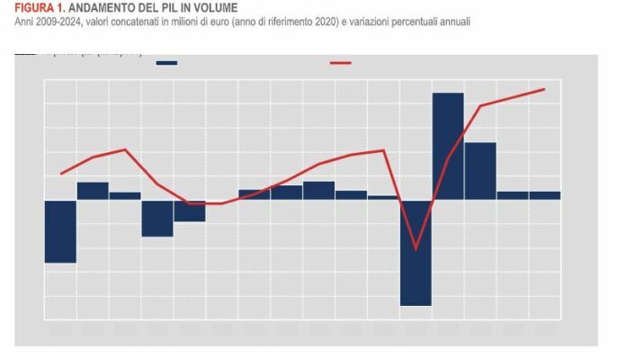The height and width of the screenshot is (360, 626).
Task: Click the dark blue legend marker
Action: point(166,63)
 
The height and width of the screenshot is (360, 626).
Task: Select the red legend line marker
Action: point(341,63)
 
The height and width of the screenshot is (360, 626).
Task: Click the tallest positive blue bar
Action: point(448,144)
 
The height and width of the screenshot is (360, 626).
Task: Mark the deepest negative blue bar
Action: point(416,252)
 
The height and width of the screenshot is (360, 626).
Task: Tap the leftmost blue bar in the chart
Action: point(60,230)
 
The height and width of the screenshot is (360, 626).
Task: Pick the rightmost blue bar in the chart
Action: point(544,194)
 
